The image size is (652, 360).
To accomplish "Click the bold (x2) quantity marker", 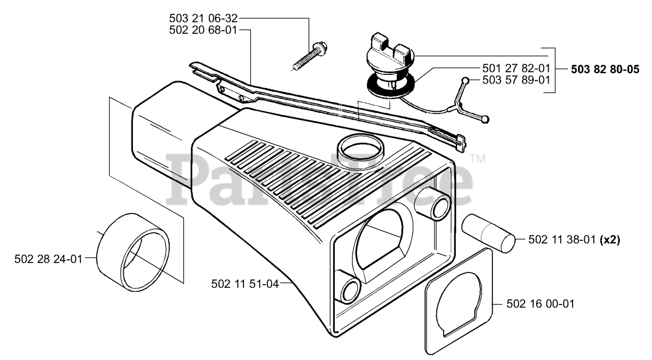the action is tap(610, 239).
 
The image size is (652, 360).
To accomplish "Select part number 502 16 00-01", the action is tap(541, 304).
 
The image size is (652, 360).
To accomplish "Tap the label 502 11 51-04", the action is tap(245, 284).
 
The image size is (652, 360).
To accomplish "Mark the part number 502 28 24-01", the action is tap(48, 259).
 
